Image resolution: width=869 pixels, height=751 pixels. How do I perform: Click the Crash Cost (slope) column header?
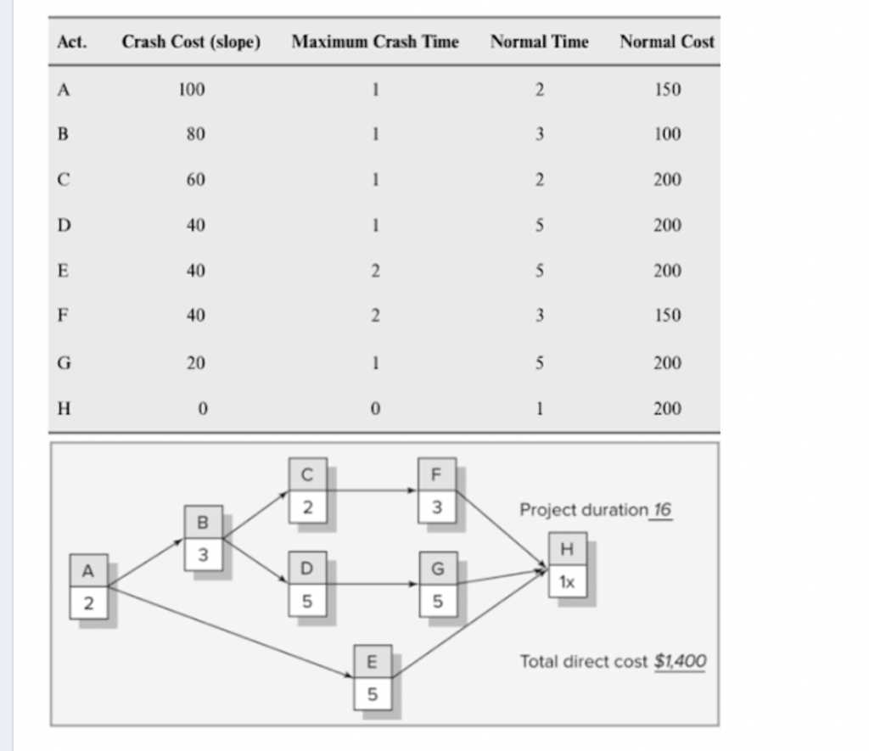[191, 42]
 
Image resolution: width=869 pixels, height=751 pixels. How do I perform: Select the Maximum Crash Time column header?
[374, 42]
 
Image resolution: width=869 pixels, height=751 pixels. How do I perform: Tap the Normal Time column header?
[539, 42]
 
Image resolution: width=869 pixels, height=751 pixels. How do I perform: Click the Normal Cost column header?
[666, 42]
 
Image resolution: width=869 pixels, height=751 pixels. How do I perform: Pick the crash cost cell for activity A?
[191, 90]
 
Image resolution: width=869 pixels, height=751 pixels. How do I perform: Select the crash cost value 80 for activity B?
[195, 135]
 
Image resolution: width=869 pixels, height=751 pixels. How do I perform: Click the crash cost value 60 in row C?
[195, 180]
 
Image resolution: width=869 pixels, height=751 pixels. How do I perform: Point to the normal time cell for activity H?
[540, 409]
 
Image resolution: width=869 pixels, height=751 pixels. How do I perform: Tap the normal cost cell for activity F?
[667, 316]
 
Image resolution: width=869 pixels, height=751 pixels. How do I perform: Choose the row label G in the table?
[63, 363]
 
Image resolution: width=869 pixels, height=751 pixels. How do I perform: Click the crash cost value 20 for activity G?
[195, 363]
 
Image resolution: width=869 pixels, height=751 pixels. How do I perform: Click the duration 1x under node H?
[567, 582]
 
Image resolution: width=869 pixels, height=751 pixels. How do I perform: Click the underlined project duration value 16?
[661, 510]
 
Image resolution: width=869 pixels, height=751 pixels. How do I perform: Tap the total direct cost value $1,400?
[680, 661]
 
